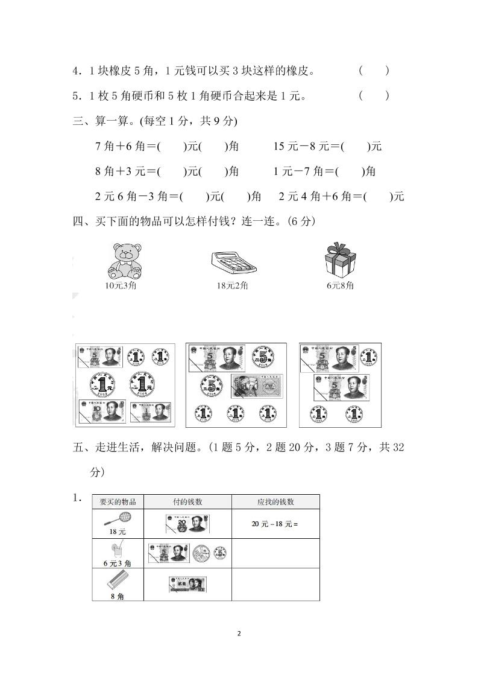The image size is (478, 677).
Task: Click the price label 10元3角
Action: click(121, 285)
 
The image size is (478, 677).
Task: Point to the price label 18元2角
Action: click(233, 285)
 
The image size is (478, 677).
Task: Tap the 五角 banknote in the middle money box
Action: click(256, 386)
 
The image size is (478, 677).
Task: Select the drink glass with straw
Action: click(116, 550)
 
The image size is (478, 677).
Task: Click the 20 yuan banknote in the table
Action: click(189, 524)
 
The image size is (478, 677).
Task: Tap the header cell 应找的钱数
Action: click(275, 502)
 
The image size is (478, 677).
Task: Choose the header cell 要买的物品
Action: click(118, 502)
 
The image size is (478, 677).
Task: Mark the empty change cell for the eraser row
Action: click(275, 585)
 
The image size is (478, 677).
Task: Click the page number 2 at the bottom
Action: click(239, 634)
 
